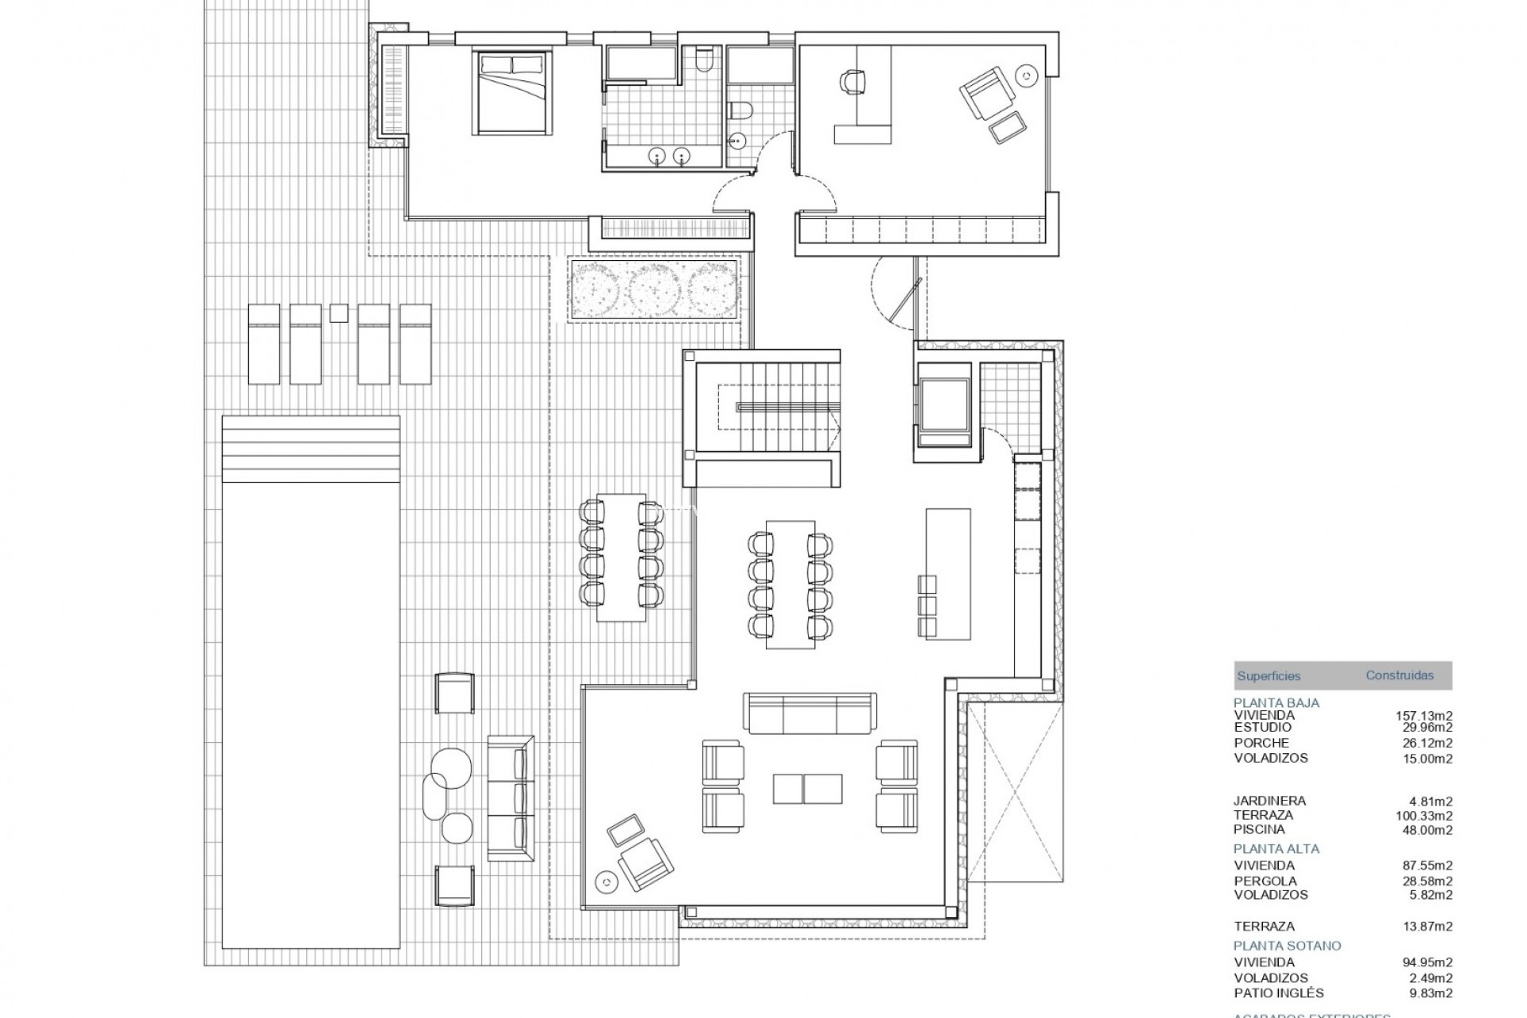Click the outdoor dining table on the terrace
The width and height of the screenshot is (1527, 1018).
pos(621,558)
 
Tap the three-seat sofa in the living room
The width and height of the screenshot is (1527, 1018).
pos(810,713)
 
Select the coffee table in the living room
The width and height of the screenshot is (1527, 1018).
pos(807,787)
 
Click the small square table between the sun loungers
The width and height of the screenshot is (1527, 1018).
pos(339,313)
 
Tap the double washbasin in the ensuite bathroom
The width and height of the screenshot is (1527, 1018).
pos(670,156)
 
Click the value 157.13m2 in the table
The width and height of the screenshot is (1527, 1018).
pos(1424,716)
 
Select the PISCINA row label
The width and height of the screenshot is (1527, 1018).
pos(1259,830)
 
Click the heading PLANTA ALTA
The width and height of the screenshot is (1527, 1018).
pos(1276,849)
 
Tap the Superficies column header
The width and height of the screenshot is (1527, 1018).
pos(1269,676)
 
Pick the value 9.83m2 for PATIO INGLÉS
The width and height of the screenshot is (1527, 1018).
pos(1430,993)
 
